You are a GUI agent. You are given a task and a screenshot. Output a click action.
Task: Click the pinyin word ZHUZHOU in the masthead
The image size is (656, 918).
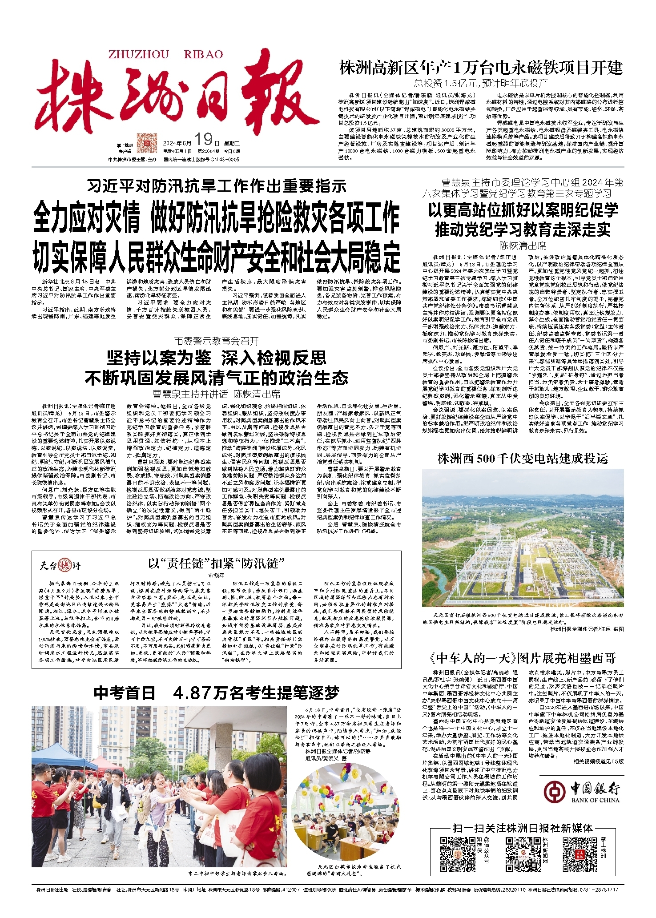pyautogui.click(x=138, y=54)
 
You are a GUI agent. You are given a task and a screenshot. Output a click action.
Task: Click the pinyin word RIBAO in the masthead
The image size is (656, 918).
pyautogui.click(x=203, y=54)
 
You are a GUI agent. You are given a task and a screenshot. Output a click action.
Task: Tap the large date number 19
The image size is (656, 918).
pyautogui.click(x=204, y=140)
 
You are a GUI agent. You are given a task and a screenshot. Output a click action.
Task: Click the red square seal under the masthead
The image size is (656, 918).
pyautogui.click(x=147, y=143)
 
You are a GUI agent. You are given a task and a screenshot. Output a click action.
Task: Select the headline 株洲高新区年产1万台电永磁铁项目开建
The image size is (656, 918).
pyautogui.click(x=481, y=68)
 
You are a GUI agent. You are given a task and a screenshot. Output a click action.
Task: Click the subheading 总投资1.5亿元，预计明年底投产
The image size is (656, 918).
pyautogui.click(x=481, y=83)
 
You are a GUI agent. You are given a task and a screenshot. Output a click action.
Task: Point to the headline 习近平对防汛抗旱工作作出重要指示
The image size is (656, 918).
pyautogui.click(x=217, y=185)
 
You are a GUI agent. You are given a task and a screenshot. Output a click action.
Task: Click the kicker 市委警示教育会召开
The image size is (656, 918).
pyautogui.click(x=216, y=341)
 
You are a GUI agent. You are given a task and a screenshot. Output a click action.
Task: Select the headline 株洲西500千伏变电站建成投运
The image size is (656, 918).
pyautogui.click(x=523, y=459)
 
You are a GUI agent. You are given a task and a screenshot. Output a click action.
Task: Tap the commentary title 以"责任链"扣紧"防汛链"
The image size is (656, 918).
pyautogui.click(x=216, y=564)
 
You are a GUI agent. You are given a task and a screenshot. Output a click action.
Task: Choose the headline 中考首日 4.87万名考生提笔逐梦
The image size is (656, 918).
pyautogui.click(x=216, y=693)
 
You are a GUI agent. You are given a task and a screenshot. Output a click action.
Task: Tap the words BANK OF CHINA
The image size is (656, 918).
pyautogui.click(x=595, y=800)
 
